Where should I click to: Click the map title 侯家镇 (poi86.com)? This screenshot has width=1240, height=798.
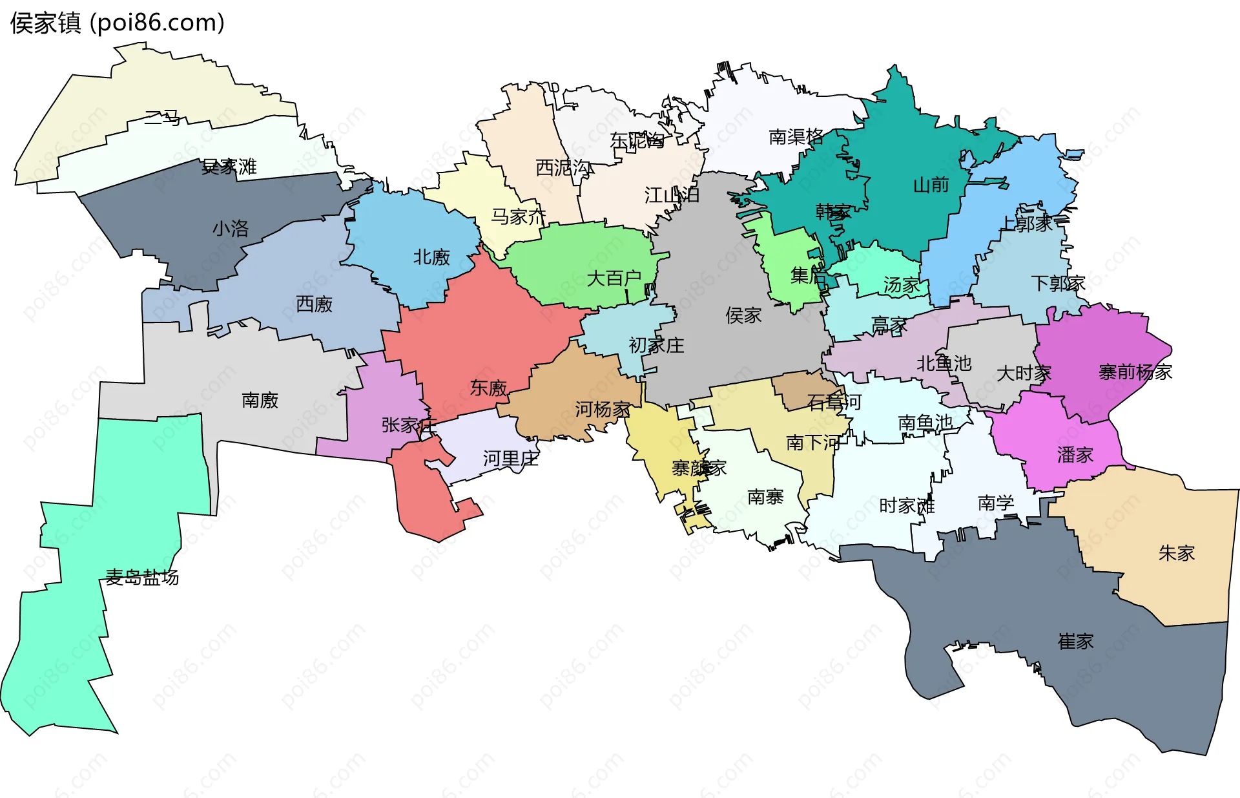[117, 23]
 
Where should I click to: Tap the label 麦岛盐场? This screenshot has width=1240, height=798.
[142, 577]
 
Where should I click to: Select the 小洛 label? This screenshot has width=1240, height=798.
[231, 229]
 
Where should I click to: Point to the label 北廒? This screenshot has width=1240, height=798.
[431, 257]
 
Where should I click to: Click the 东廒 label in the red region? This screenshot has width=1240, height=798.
[488, 388]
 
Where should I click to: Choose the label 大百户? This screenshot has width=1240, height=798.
[614, 278]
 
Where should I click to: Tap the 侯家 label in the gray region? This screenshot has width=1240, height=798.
[743, 315]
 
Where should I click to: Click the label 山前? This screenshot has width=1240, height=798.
[931, 185]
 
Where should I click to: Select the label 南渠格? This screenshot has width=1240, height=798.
[796, 137]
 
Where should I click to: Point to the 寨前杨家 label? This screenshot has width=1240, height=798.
[1135, 372]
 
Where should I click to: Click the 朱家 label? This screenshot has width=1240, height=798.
[1176, 553]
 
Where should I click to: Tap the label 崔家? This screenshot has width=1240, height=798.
[1075, 641]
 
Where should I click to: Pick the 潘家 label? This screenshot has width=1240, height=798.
[1075, 455]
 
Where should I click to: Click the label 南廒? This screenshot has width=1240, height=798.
[260, 401]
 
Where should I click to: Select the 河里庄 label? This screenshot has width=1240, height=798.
[510, 459]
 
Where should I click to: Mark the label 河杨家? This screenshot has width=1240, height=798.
[603, 409]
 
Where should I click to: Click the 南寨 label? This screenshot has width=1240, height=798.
[765, 497]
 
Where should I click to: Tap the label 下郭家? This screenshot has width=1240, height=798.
[1058, 283]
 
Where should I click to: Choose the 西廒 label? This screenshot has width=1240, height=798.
[314, 304]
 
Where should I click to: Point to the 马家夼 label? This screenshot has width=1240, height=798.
[518, 216]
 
